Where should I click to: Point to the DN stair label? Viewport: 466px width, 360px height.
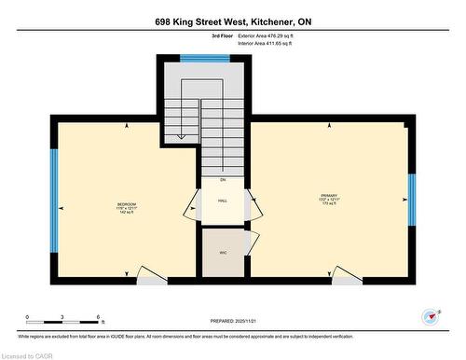pyautogui.click(x=223, y=178)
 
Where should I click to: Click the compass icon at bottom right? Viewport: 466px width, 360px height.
pyautogui.click(x=430, y=317)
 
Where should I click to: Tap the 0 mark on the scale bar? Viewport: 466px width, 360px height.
pyautogui.click(x=27, y=317)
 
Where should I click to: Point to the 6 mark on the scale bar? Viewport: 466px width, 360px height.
pyautogui.click(x=98, y=317)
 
